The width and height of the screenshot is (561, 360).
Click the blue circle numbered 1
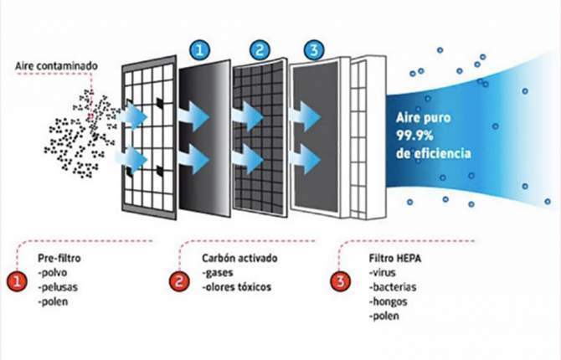click(x=198, y=50)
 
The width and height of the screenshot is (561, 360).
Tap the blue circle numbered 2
click(x=260, y=50)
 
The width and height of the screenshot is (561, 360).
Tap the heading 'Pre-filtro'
click(x=59, y=258)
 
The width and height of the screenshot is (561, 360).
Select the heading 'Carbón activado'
click(x=235, y=258)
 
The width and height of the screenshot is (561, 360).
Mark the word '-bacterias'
click(x=389, y=287)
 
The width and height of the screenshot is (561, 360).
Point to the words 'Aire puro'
click(x=414, y=121)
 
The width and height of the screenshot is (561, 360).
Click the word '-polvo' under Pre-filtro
click(x=54, y=272)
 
